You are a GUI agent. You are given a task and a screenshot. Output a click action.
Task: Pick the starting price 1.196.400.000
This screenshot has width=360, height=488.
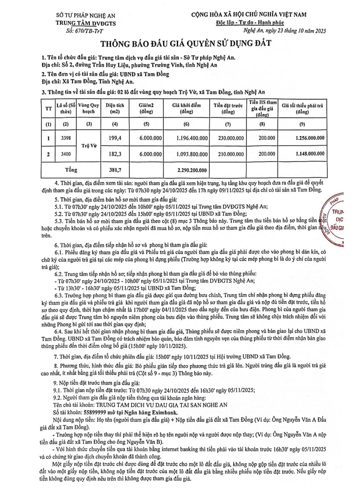tap(192, 138)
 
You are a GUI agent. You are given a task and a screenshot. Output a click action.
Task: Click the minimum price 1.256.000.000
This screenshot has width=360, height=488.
tap(310, 138)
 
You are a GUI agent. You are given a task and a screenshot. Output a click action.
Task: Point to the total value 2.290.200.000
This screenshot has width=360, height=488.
tap(192, 170)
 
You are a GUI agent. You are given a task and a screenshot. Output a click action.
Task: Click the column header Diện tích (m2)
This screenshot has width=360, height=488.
tap(115, 108)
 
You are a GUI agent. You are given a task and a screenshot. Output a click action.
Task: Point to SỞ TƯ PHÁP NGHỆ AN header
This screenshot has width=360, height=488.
tap(86, 15)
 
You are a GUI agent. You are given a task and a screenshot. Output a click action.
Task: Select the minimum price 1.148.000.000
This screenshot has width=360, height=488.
tap(310, 154)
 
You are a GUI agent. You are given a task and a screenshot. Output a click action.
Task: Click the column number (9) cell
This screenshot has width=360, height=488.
tap(302, 124)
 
